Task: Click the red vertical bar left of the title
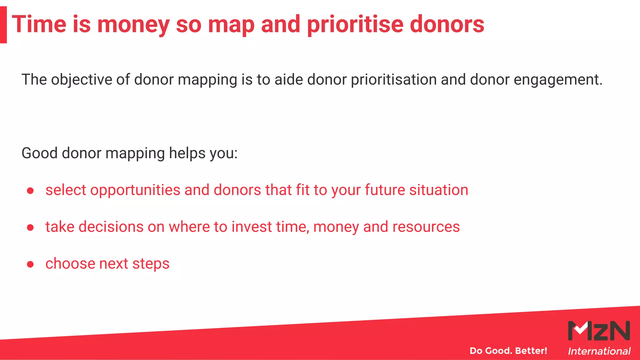pyautogui.click(x=3, y=25)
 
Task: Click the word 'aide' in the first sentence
pyautogui.click(x=288, y=79)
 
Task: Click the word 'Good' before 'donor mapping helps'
pyautogui.click(x=39, y=153)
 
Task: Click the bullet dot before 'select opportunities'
pyautogui.click(x=30, y=191)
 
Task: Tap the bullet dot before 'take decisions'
pyautogui.click(x=30, y=227)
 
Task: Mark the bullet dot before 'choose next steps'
pyautogui.click(x=30, y=264)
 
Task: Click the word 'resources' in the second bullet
pyautogui.click(x=426, y=227)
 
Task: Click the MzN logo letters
pyautogui.click(x=599, y=331)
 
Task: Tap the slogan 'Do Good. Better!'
pyautogui.click(x=508, y=351)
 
